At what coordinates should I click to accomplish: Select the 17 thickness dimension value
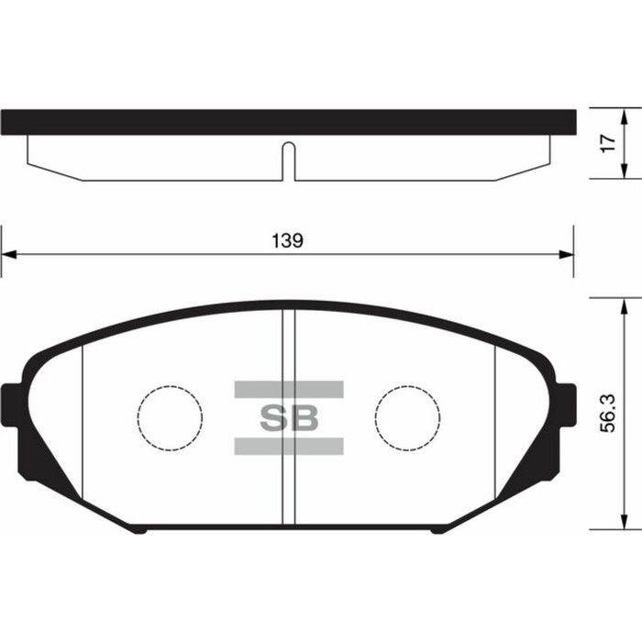[x=604, y=144]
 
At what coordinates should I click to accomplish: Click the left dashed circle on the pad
[x=170, y=417]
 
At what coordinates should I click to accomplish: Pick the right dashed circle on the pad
[x=407, y=417]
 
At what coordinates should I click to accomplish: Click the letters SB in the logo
[x=288, y=418]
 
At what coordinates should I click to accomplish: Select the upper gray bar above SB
[x=288, y=389]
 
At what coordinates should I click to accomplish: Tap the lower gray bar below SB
[x=288, y=447]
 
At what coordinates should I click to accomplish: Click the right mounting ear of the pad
[x=565, y=404]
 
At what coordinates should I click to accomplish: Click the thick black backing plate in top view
[x=288, y=122]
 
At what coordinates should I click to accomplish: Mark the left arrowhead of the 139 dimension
[x=8, y=255]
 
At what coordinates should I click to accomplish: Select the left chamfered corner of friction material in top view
[x=55, y=172]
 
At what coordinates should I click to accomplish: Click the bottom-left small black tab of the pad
[x=137, y=529]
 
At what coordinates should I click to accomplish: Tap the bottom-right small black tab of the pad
[x=439, y=529]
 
